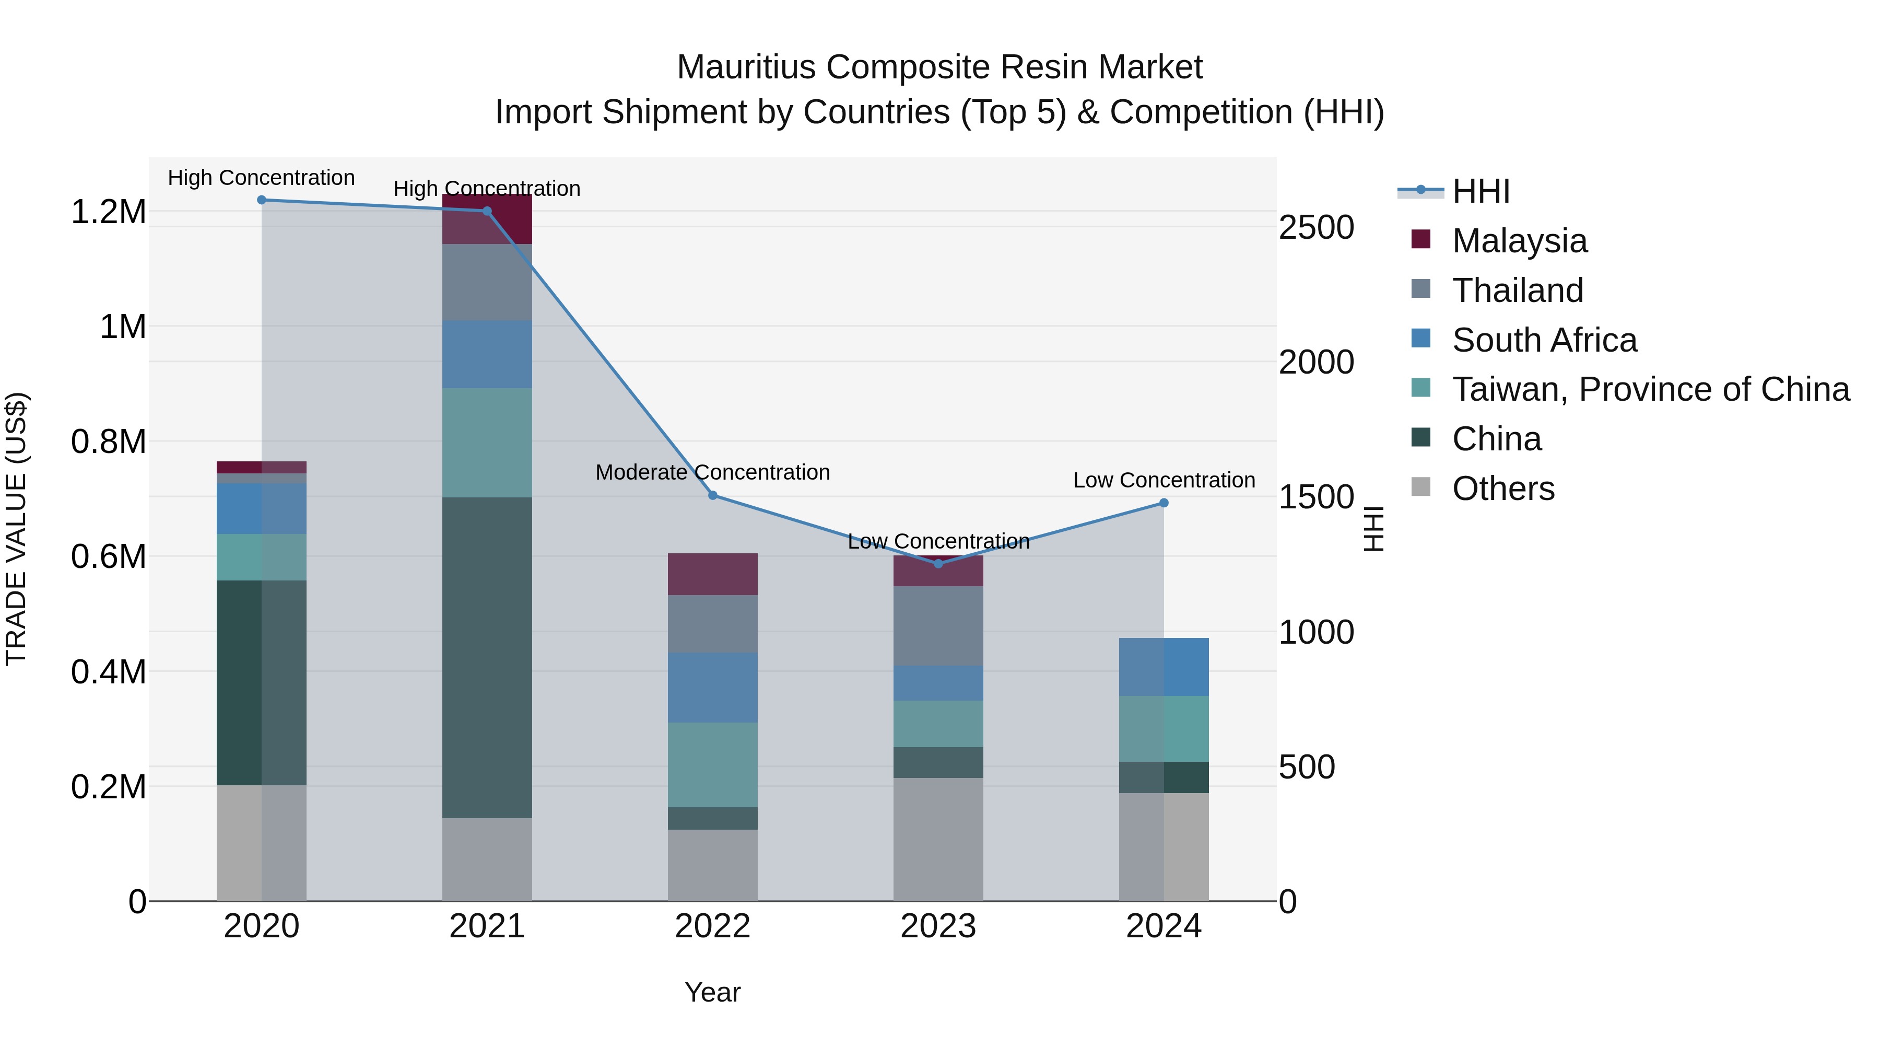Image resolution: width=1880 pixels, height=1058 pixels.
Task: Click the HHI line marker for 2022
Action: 712,496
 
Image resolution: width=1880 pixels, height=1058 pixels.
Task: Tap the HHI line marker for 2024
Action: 1164,503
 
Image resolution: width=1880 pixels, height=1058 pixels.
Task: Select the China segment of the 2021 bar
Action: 487,657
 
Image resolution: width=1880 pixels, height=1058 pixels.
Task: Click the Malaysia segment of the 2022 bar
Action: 712,574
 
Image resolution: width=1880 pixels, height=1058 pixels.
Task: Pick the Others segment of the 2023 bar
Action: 938,839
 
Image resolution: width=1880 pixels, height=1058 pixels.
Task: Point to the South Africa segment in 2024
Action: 1164,667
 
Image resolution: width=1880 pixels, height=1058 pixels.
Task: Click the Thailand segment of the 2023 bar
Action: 938,626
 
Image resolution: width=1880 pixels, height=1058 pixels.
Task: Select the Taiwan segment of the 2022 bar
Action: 712,764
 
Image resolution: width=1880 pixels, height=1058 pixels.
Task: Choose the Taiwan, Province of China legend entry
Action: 1650,389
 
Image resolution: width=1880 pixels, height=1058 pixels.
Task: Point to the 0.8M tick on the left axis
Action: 108,441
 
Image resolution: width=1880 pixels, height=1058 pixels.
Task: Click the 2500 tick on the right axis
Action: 1316,227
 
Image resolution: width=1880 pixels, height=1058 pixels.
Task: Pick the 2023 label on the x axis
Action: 938,926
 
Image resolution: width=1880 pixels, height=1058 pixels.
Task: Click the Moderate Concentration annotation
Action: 712,472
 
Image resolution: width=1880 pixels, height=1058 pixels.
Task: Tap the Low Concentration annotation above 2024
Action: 1164,481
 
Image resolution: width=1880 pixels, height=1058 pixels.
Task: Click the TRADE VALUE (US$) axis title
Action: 16,529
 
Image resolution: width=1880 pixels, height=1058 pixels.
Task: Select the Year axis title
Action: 712,992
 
